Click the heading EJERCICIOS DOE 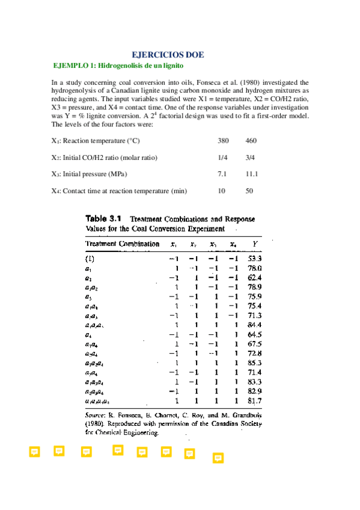[x=168, y=55]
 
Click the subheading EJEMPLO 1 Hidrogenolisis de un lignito [x=118, y=65]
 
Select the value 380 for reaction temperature [x=223, y=141]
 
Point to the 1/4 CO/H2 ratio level [x=222, y=158]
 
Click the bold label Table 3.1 [x=105, y=218]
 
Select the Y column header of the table [x=256, y=244]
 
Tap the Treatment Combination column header [x=123, y=244]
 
